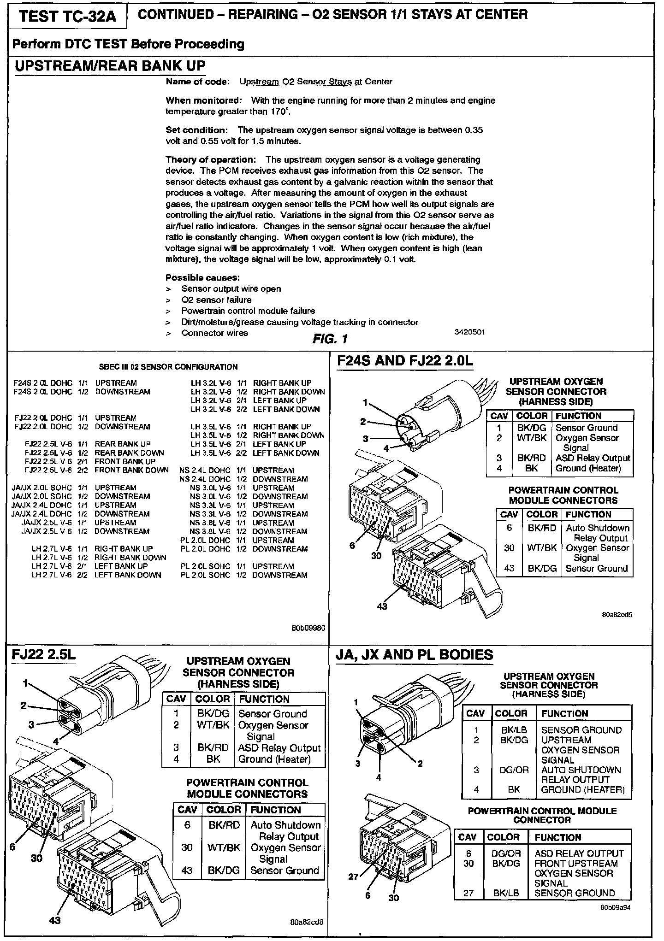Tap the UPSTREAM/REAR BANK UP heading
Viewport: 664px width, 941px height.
click(110, 66)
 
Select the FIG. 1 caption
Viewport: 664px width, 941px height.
click(330, 340)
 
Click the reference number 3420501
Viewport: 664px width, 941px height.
click(469, 332)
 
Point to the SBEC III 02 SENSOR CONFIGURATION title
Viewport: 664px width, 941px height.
click(168, 367)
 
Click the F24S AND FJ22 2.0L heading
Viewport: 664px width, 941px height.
click(405, 361)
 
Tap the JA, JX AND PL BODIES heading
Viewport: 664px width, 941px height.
click(414, 655)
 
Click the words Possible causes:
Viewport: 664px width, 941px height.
click(202, 277)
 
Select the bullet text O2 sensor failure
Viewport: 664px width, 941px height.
click(216, 300)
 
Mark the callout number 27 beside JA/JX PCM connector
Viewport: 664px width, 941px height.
click(353, 876)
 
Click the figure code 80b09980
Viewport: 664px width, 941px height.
click(308, 628)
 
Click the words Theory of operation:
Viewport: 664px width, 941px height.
click(210, 159)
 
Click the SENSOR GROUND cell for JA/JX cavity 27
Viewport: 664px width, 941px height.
click(575, 893)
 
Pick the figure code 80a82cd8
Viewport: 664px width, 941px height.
click(307, 922)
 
